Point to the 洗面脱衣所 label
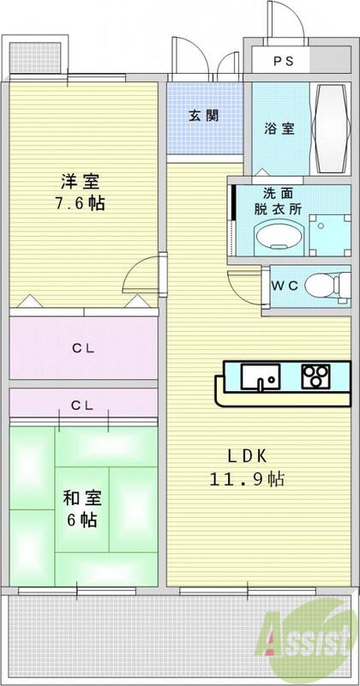275,202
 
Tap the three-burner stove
315,376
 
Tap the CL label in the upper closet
82,348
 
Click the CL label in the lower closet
82,404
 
